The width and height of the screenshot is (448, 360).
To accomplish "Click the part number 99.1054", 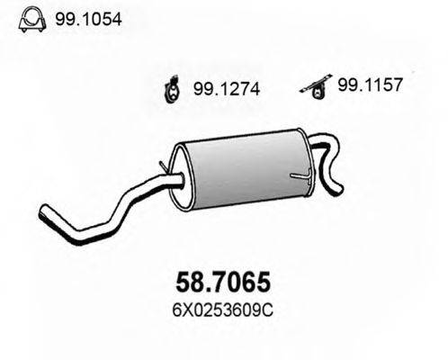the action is click(x=88, y=19).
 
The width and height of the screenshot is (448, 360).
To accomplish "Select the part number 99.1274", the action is click(x=227, y=89).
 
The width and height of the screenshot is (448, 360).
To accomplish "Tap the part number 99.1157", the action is click(x=370, y=85).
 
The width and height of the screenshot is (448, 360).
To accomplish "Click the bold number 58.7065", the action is click(x=223, y=283).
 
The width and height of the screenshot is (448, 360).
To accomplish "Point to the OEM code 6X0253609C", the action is click(x=222, y=310).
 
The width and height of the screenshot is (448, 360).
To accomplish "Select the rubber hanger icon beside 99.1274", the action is click(x=172, y=89).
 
